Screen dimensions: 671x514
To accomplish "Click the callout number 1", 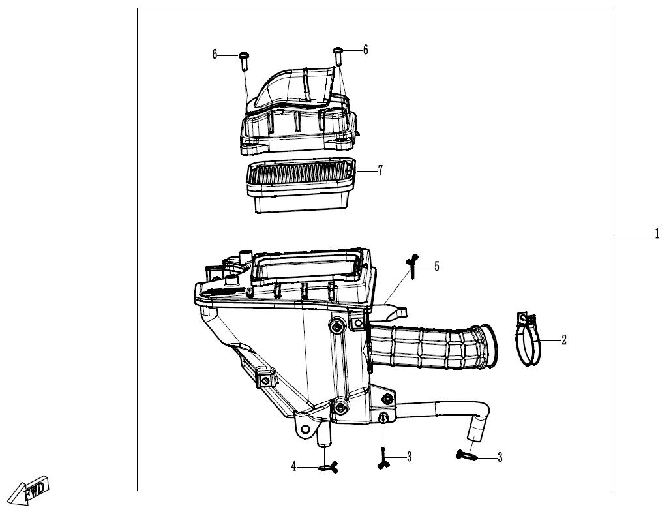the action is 657,235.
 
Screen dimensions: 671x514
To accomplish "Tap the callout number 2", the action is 564,340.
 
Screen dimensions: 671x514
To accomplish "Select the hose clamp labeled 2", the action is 528,339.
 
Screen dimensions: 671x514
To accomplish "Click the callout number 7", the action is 380,170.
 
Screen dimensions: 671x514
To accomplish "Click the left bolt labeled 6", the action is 243,61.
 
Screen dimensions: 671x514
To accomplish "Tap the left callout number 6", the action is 215,55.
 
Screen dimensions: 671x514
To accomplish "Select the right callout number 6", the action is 365,50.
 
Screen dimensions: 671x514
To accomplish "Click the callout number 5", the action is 436,267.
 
